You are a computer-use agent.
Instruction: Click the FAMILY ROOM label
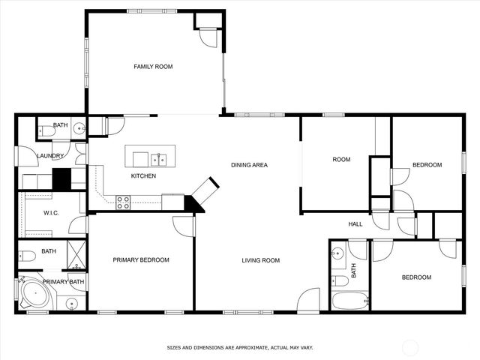click(x=153, y=67)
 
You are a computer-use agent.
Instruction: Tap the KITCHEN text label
click(x=143, y=176)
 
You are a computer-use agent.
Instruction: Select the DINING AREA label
click(x=249, y=165)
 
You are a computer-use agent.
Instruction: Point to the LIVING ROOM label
click(x=260, y=260)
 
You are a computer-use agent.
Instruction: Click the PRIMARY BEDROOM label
click(x=141, y=260)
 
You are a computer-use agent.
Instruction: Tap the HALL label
click(x=355, y=223)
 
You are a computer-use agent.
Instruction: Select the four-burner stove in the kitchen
click(x=123, y=202)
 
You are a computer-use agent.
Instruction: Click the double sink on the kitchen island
click(x=158, y=159)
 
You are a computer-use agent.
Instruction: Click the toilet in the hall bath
click(x=340, y=281)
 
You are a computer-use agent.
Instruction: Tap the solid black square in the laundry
click(x=61, y=179)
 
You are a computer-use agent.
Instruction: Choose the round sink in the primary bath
click(x=71, y=304)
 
